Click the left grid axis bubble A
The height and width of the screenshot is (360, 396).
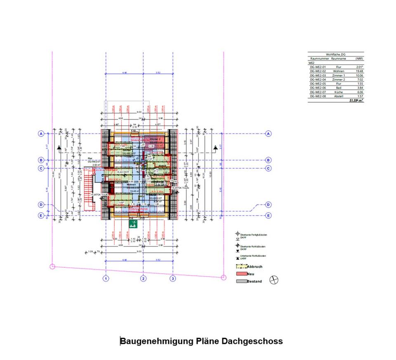[41, 134]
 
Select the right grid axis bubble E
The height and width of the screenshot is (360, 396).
[269, 215]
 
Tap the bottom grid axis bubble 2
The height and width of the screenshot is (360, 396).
[143, 279]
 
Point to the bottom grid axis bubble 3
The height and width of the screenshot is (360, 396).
[173, 279]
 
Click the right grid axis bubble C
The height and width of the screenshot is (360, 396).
[269, 168]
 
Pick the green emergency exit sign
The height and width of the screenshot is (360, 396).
[133, 224]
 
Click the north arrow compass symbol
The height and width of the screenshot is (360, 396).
[273, 280]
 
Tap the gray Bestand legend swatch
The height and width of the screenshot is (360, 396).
[241, 281]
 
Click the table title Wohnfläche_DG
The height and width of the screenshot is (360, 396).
[336, 54]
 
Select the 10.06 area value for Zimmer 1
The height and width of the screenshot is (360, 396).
[359, 76]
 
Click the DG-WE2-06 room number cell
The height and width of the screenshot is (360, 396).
[318, 88]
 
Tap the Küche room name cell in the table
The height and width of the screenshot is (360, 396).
[338, 92]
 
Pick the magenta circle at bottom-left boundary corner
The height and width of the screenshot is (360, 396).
[52, 266]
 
